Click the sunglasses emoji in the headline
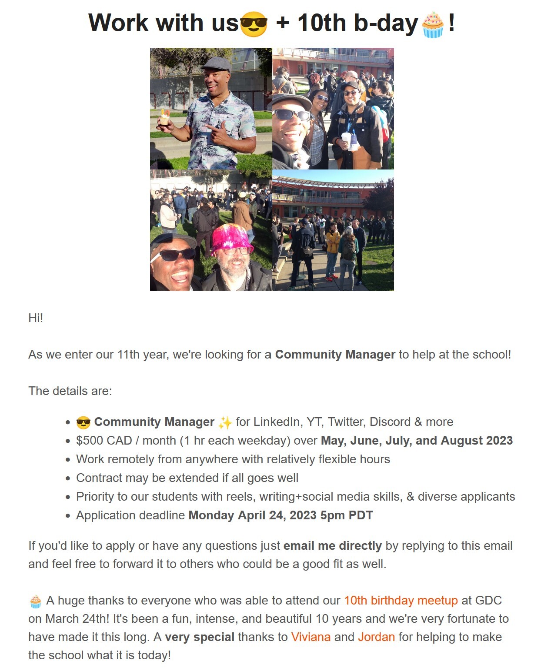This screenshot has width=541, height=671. [254, 24]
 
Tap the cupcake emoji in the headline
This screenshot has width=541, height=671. [433, 25]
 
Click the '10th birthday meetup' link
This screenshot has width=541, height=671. [401, 600]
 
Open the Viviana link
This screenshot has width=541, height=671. [311, 637]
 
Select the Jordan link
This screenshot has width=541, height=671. [376, 637]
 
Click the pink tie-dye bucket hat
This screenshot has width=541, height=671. [232, 238]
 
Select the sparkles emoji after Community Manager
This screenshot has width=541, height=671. [225, 422]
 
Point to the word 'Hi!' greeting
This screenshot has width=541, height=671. [36, 318]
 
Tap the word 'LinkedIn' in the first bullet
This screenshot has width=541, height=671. [277, 422]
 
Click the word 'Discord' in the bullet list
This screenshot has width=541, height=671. [390, 422]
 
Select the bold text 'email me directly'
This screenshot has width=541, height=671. [332, 545]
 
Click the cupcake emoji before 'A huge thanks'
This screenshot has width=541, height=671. [36, 601]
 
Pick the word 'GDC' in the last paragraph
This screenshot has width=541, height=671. [488, 600]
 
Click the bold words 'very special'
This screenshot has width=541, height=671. [200, 637]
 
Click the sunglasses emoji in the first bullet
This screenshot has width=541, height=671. [83, 422]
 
